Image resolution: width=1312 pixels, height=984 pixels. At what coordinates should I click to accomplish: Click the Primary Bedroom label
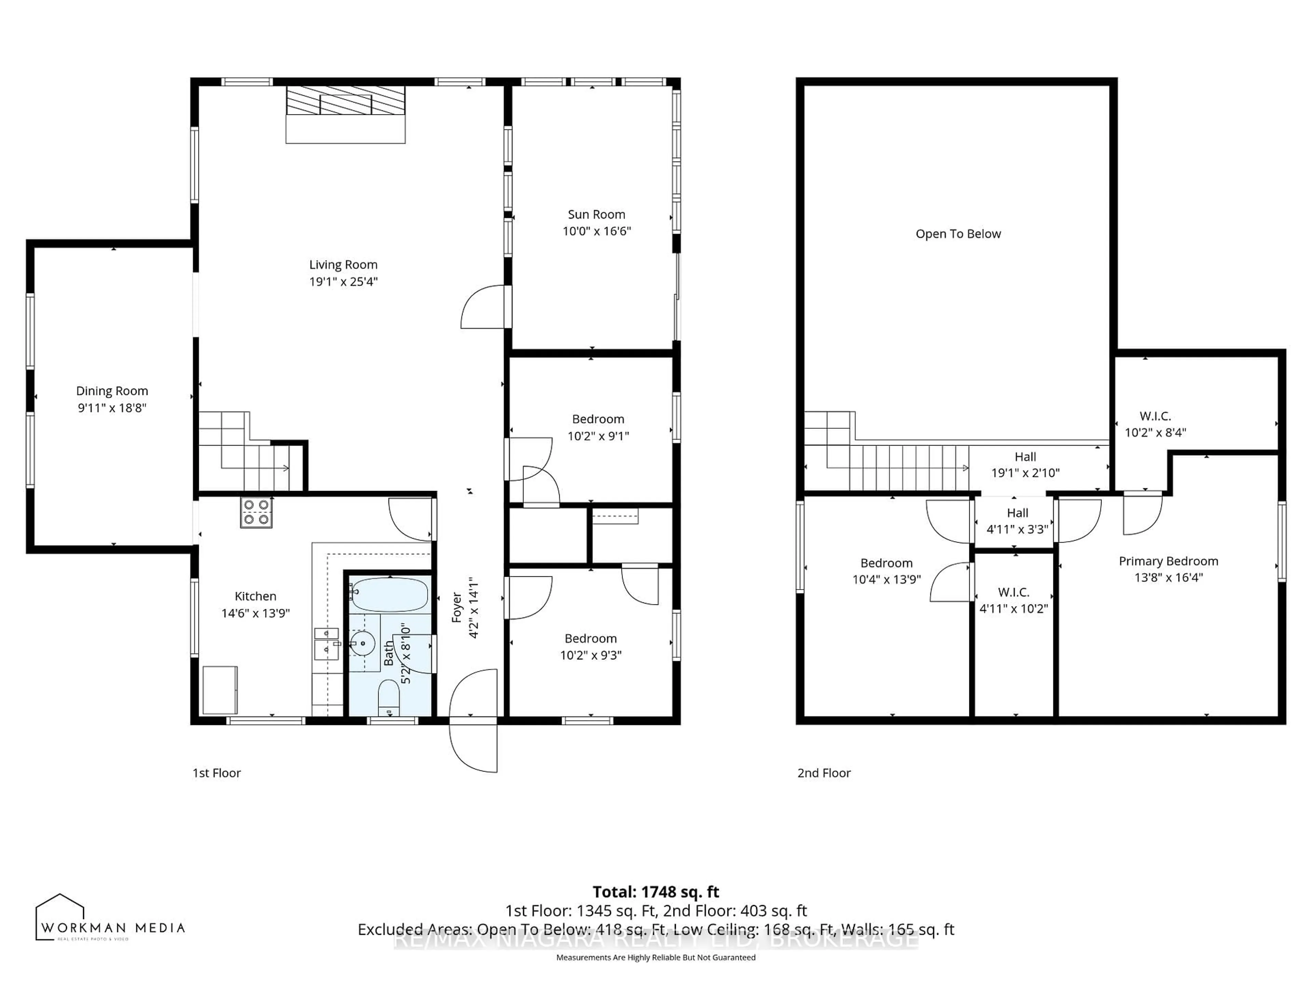pyautogui.click(x=1168, y=561)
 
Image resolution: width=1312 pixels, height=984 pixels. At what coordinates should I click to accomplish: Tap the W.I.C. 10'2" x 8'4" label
pyautogui.click(x=1155, y=424)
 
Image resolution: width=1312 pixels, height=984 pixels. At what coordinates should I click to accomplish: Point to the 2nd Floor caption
pyautogui.click(x=823, y=773)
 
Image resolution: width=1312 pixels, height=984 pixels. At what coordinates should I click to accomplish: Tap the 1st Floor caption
pyautogui.click(x=217, y=773)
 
